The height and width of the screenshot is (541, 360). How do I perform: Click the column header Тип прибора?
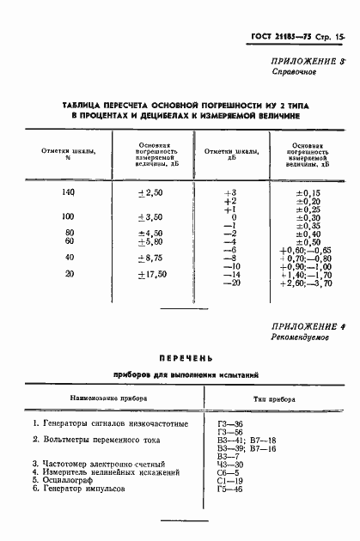pos(275,399)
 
